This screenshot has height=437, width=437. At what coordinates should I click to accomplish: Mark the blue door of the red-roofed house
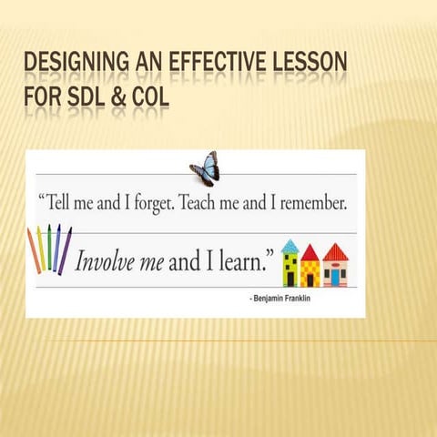(335, 276)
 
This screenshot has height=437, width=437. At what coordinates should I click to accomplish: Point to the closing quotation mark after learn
(269, 249)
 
